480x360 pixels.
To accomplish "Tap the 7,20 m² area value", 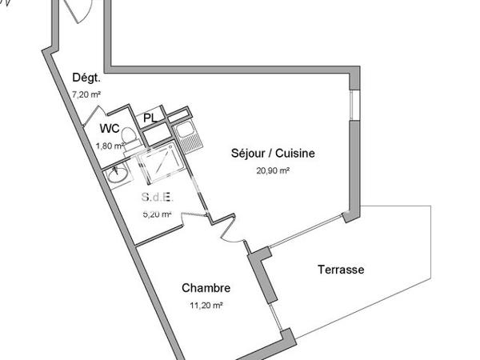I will pos(85,94).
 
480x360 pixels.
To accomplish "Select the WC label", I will pos(110,129).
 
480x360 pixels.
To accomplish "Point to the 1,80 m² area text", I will pos(109,146).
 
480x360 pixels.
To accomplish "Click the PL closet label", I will pos(150,118).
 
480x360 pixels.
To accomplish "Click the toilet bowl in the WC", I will pos(134,139).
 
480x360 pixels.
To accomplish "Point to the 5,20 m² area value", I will pos(157,214).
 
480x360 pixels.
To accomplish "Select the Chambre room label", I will pos(206,288).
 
